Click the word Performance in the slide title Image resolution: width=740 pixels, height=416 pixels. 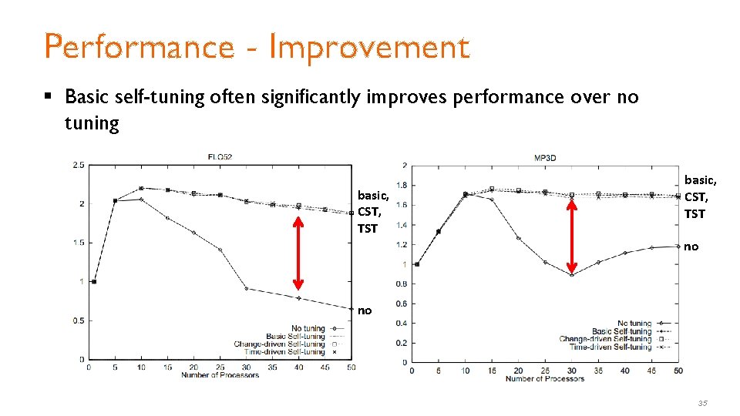click(139, 47)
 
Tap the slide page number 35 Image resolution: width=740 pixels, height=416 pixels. click(702, 403)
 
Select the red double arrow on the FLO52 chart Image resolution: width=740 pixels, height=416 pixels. click(298, 252)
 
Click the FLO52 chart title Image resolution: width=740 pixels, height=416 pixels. click(220, 157)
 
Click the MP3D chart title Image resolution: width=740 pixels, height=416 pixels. click(545, 158)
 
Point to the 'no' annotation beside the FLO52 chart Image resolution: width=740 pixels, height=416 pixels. click(365, 310)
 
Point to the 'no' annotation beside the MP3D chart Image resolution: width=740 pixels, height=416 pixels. click(691, 247)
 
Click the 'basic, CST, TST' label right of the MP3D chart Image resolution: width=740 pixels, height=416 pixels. click(700, 196)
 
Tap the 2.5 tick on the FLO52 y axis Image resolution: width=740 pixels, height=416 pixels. click(78, 165)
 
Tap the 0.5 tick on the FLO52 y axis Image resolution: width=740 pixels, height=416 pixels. click(78, 320)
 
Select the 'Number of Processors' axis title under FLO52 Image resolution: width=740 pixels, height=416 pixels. click(219, 375)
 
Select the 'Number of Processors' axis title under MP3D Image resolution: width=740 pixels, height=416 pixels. click(544, 378)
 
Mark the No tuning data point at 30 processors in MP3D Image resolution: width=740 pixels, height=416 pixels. click(572, 275)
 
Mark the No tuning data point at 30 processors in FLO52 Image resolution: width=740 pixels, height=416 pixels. click(246, 289)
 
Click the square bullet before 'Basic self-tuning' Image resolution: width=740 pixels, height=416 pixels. click(48, 97)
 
